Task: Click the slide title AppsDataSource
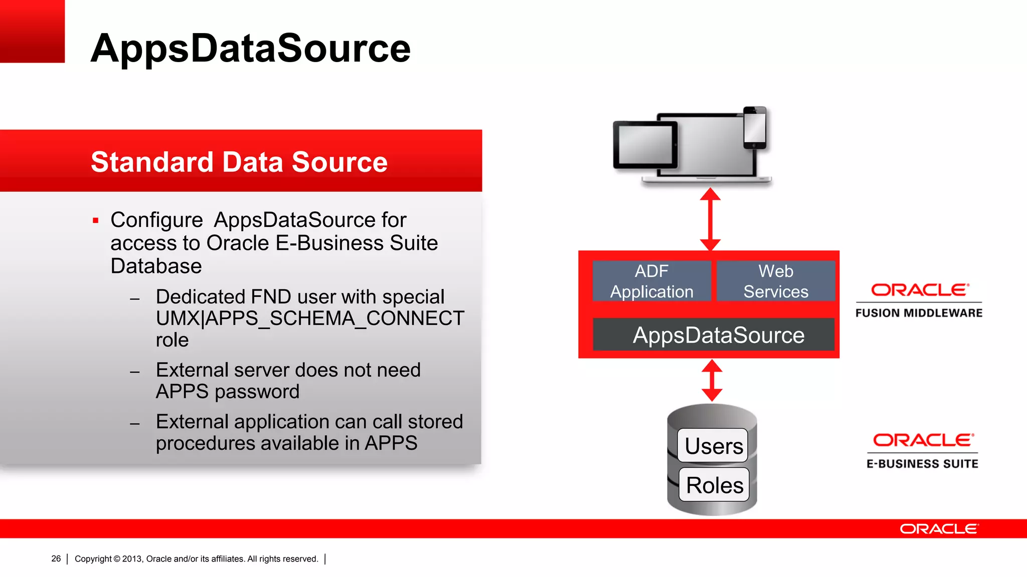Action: coord(251,48)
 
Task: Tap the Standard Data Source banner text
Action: coord(239,162)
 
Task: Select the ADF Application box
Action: coord(651,281)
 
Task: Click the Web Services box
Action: coord(776,281)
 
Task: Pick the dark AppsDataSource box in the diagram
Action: coord(714,335)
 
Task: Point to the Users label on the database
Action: coord(713,446)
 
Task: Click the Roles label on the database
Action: coord(714,485)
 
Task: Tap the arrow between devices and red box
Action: coord(710,219)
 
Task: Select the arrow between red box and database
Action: coord(712,381)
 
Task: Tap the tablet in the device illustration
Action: coord(645,145)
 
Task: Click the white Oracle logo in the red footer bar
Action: coord(939,529)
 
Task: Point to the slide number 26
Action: coord(56,558)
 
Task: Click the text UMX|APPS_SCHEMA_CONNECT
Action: coord(310,319)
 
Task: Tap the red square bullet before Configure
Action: coord(96,220)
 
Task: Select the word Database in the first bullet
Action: coord(156,266)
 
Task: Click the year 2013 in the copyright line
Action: coord(132,559)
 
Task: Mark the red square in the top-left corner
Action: coord(32,31)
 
